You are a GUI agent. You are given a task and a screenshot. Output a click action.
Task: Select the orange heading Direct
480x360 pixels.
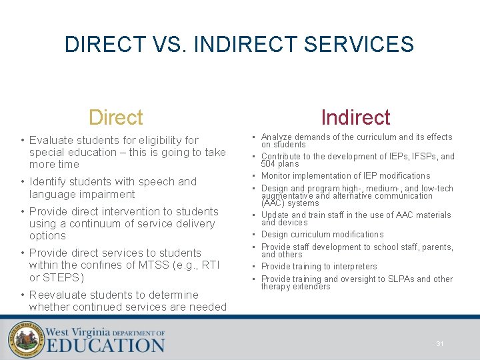pos(116,117)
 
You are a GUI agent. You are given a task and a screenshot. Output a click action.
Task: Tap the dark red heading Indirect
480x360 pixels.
pos(355,117)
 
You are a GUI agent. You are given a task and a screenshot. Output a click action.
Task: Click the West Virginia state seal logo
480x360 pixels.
pos(26,340)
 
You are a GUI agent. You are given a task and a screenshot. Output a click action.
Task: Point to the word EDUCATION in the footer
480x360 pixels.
pos(105,345)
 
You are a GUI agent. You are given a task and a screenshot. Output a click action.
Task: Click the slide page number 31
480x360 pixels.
pos(440,343)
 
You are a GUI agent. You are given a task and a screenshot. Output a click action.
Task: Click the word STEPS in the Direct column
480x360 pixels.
pos(61,277)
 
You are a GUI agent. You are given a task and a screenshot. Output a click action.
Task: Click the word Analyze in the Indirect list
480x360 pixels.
pos(275,137)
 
